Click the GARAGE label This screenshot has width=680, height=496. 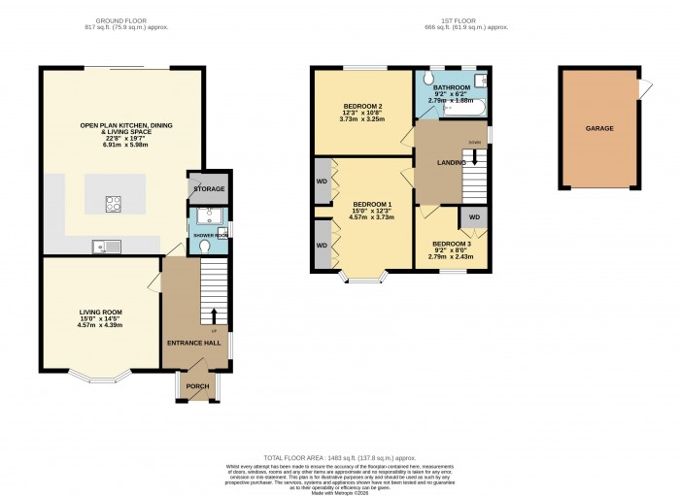(x=598, y=128)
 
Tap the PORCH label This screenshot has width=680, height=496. (x=197, y=385)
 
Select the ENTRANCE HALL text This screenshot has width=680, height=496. (x=194, y=343)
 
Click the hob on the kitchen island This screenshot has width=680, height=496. (x=114, y=204)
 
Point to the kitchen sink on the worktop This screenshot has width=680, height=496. (x=102, y=247)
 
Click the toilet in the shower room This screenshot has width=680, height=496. (x=203, y=248)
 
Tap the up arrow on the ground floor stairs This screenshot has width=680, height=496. (x=214, y=315)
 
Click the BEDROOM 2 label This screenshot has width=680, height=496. (x=360, y=106)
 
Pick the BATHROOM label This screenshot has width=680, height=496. (x=451, y=87)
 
